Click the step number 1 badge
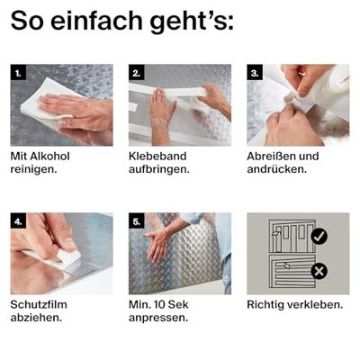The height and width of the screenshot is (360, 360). click(x=18, y=72)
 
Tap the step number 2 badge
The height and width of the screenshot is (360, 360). click(x=137, y=72)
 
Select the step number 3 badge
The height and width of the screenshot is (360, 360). click(x=255, y=72)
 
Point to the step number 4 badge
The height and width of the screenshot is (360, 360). click(x=18, y=220)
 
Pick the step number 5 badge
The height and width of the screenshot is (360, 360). click(x=137, y=220)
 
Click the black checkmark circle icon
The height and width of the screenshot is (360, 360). click(x=319, y=237)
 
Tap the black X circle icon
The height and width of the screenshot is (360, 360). click(x=319, y=271)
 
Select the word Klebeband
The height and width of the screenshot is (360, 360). click(x=157, y=156)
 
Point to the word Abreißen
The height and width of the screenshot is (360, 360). click(x=269, y=156)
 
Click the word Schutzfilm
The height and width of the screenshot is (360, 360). click(x=39, y=304)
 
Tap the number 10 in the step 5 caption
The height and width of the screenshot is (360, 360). click(x=157, y=304)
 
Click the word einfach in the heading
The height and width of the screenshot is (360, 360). click(x=96, y=21)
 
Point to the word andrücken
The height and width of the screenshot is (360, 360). click(x=277, y=169)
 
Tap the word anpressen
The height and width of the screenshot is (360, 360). click(x=158, y=319)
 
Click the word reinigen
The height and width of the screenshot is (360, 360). click(x=33, y=170)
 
